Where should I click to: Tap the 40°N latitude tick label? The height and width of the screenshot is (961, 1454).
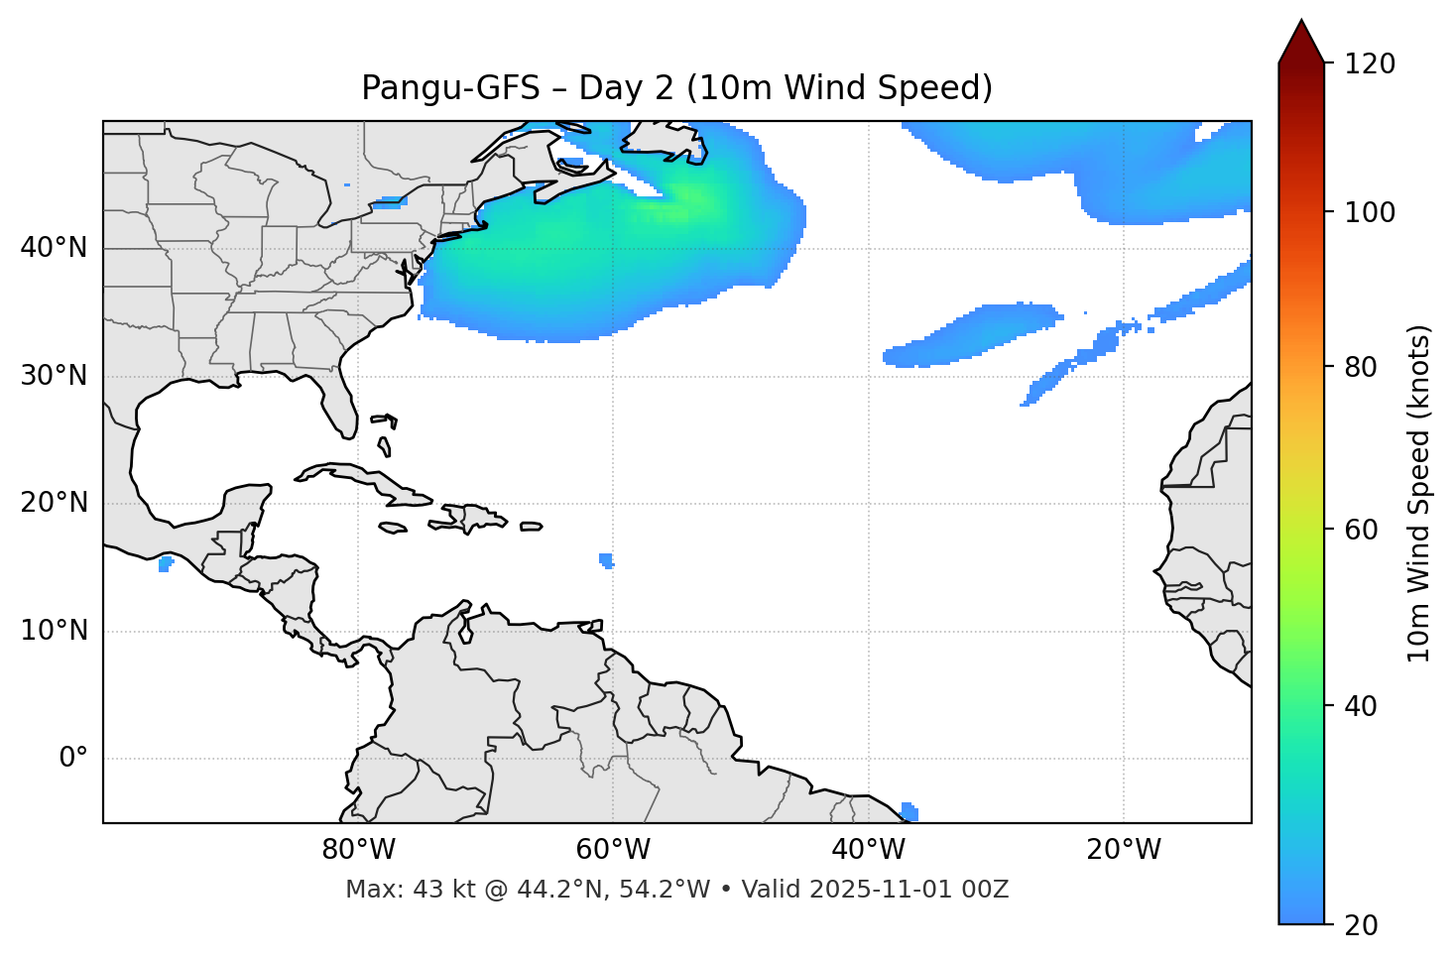[x=54, y=248]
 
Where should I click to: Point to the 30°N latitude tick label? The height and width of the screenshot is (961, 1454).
[x=54, y=376]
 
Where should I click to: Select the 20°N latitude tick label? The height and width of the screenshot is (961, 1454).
[x=54, y=503]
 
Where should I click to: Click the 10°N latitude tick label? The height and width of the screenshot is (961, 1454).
[x=54, y=631]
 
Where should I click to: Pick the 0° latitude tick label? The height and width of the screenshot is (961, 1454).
[x=73, y=759]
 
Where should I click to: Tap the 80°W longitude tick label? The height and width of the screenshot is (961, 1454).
[x=358, y=850]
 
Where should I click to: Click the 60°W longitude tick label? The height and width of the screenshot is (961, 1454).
[x=613, y=850]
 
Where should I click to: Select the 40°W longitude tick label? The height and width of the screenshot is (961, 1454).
[x=868, y=850]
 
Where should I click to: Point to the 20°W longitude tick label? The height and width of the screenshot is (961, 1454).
[x=1123, y=850]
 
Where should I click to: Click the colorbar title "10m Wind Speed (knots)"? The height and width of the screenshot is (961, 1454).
[x=1419, y=493]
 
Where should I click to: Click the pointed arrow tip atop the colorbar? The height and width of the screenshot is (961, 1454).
[x=1301, y=24]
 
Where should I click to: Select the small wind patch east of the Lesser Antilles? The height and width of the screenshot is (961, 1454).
[x=606, y=560]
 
